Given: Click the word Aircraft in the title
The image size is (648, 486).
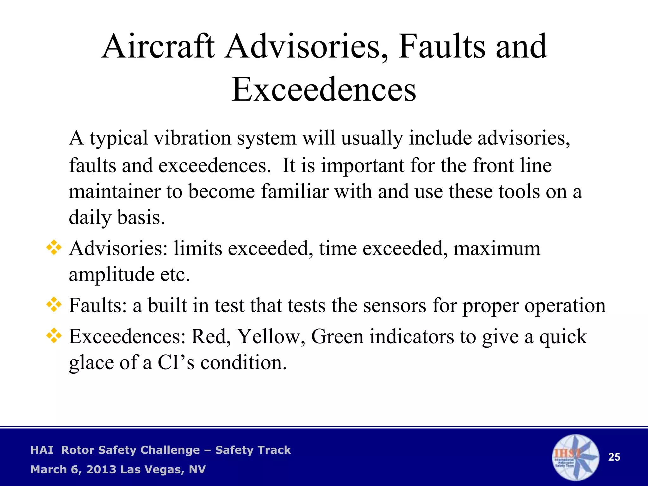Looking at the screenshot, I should tap(158, 47).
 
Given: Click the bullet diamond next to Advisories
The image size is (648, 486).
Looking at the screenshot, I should tap(54, 248).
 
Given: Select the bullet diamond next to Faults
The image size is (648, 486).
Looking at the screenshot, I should tap(54, 305).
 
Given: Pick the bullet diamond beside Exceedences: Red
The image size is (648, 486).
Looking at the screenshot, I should tap(54, 336).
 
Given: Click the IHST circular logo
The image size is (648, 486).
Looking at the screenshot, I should tap(575, 457).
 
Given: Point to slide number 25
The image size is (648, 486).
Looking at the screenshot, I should tap(614, 457).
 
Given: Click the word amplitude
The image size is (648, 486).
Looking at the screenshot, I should tap(111, 275).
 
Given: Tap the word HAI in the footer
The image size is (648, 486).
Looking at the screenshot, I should tap(42, 450).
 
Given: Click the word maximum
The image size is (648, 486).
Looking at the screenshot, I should tap(497, 249).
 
